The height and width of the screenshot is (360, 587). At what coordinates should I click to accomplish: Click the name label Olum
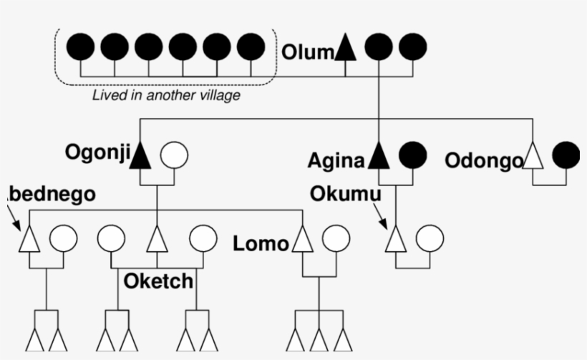point(308,53)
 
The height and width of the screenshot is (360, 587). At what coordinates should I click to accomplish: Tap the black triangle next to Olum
point(346,48)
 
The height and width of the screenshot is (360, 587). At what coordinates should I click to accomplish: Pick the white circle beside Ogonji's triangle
point(174,155)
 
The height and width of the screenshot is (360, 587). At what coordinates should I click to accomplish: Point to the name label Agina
point(336,160)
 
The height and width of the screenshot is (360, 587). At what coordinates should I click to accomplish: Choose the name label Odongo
point(484,160)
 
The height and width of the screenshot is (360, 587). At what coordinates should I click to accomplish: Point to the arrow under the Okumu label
point(382,215)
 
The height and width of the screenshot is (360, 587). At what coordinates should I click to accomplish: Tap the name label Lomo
point(261,244)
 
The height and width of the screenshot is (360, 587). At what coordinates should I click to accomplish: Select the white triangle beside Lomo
point(303,240)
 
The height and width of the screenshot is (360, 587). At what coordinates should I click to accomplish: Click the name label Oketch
point(158,281)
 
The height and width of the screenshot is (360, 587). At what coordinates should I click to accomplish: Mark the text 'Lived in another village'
point(166,95)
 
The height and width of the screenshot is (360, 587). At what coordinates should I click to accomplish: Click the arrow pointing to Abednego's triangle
point(14,214)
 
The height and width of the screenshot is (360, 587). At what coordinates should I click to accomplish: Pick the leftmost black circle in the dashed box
point(80,47)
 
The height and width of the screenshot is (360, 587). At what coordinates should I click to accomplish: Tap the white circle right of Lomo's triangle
point(336,240)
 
